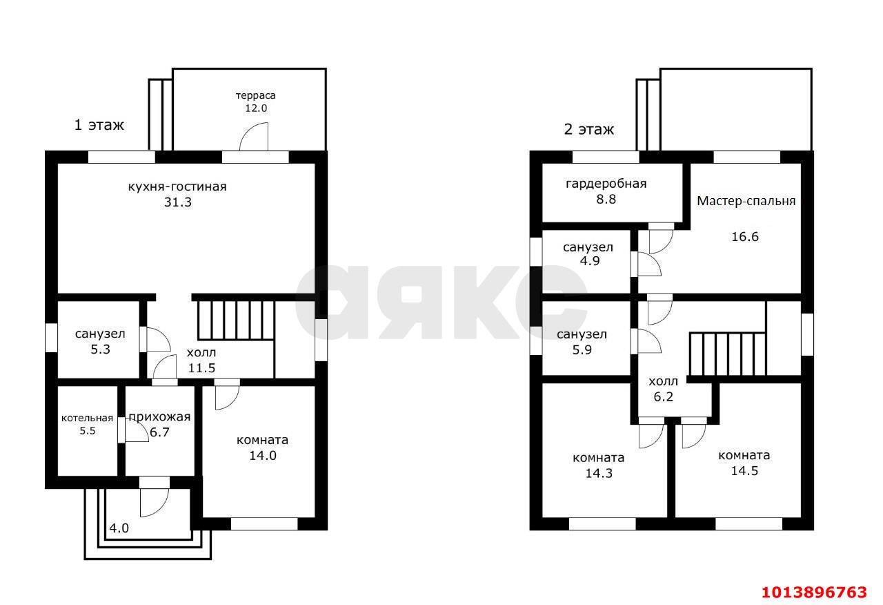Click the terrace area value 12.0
pos(256,108)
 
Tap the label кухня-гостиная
pos(177,186)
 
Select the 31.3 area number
pos(178,202)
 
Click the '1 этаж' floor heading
pos(99,125)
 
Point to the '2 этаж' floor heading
pos(589,129)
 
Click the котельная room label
pos(87,418)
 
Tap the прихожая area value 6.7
pos(159,432)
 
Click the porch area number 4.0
pos(119,528)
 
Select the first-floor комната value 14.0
pos(263,456)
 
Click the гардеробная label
pos(606,184)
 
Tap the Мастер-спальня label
pos(746,201)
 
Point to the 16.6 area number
pos(745,237)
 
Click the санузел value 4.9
pos(590,261)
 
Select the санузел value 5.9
pos(582,350)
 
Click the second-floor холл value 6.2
pos(664,396)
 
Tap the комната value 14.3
pos(599,473)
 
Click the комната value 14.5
pos(744,471)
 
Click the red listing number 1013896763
pos(815,592)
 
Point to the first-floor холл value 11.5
pos(201,368)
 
